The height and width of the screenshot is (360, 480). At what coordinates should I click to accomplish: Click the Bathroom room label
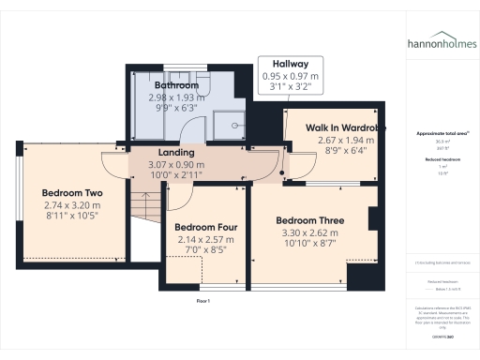point(176,85)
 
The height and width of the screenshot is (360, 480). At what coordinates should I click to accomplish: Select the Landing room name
point(176,152)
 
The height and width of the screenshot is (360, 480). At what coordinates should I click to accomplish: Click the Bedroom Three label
point(309,221)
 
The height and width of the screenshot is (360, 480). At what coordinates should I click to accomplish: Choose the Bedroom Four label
point(205,228)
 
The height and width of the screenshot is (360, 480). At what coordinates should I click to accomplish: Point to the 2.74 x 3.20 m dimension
point(71,204)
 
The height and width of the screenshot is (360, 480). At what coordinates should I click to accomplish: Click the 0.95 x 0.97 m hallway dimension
point(291,76)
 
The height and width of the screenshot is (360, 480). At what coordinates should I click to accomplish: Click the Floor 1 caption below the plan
point(202,300)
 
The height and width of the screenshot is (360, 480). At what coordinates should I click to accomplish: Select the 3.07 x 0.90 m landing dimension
point(176,164)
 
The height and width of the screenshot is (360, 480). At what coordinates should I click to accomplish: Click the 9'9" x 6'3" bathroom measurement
point(176,108)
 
